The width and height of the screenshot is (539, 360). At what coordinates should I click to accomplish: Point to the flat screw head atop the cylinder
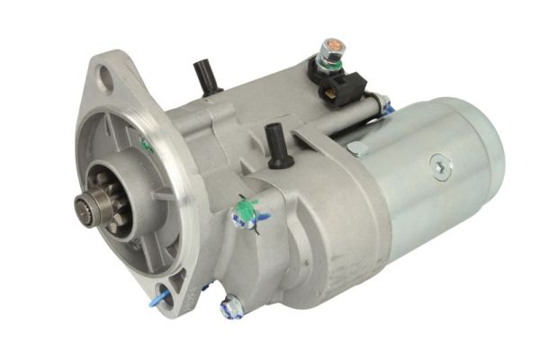point(356,148)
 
